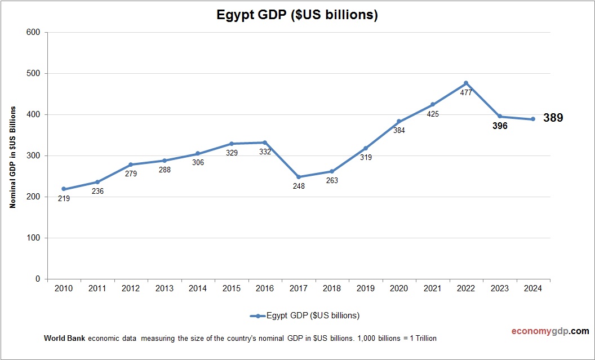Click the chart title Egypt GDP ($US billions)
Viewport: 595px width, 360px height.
(297, 15)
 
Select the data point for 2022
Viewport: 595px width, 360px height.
(466, 83)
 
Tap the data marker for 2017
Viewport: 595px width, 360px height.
(299, 177)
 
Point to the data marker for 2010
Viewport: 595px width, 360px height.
(64, 189)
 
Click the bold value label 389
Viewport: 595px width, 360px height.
(553, 118)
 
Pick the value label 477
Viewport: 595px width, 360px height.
(466, 92)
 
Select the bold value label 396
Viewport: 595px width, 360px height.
(499, 126)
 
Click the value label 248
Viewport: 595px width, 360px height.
(299, 186)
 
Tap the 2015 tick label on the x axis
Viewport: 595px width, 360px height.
(231, 288)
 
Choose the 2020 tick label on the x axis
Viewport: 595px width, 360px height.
(399, 288)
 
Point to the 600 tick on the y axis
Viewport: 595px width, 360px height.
(33, 32)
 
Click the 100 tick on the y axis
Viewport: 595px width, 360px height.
(33, 238)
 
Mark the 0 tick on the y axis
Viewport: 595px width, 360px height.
(38, 279)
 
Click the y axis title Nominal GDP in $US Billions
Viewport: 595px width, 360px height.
(12, 157)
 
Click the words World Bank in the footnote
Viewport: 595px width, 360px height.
(64, 339)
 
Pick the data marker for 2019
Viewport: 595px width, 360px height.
(366, 148)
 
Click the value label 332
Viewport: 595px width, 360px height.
(265, 152)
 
